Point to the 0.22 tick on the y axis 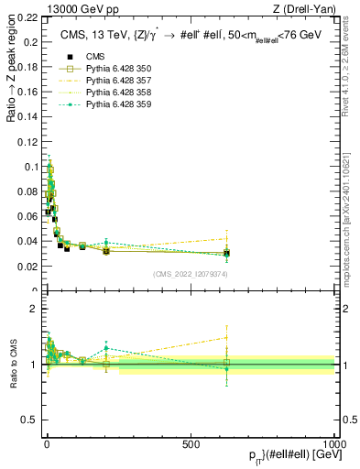pos(28,17)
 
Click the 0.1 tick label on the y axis pos(31,167)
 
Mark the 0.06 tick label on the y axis pos(28,217)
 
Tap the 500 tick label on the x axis pos(191,443)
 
